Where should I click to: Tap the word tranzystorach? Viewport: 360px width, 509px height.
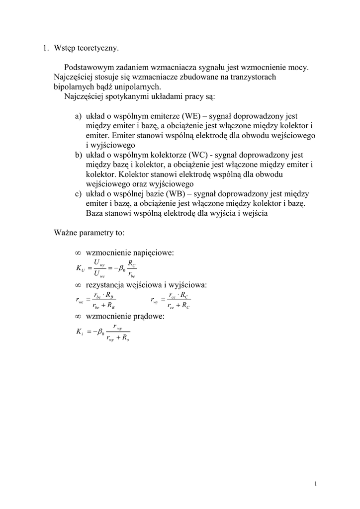point(252,77)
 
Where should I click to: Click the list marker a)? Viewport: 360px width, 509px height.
point(79,116)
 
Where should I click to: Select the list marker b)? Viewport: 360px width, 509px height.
point(79,155)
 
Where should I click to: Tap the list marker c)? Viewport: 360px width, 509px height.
point(79,193)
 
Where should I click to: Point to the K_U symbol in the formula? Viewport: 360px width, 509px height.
point(80,268)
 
